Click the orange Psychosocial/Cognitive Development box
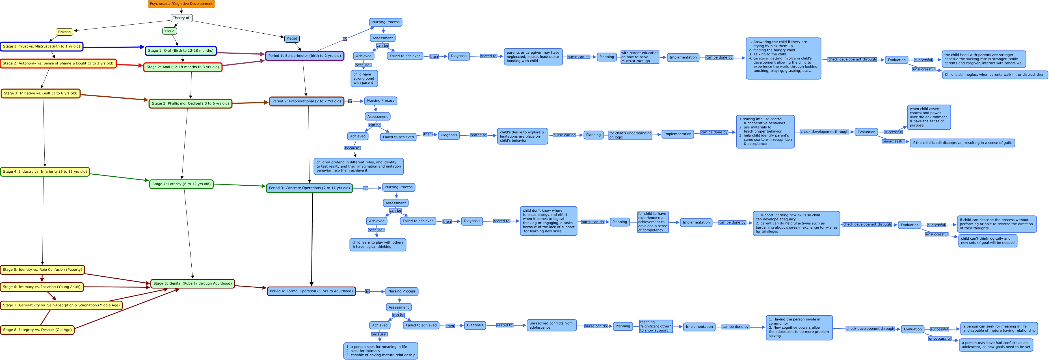tap(181, 4)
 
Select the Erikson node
tap(64, 32)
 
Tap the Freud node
tap(169, 31)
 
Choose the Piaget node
tap(291, 38)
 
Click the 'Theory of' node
tap(181, 18)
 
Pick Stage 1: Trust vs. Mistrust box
tap(42, 46)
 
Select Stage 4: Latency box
tap(181, 184)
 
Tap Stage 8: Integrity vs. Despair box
tap(37, 330)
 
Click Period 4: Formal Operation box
tap(311, 291)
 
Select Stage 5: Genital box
tap(193, 283)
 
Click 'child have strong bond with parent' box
tap(364, 79)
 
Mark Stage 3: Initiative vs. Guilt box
tap(40, 93)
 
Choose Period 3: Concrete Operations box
tap(309, 188)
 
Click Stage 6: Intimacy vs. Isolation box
tap(42, 287)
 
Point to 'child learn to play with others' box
tap(377, 245)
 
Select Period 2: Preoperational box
tap(306, 101)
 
